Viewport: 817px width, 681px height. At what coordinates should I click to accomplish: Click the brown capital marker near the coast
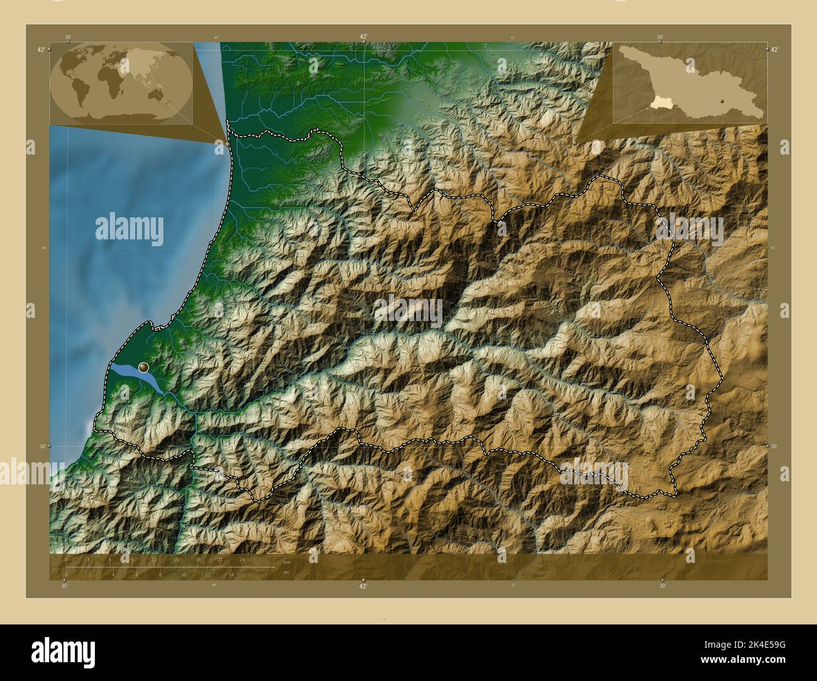[144, 367]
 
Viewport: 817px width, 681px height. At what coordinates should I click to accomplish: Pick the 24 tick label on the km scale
[242, 559]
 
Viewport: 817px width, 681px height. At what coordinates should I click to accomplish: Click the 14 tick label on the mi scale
[231, 574]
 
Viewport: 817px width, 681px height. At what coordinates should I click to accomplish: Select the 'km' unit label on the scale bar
[287, 562]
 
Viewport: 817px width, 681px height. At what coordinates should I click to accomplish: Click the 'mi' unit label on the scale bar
[286, 572]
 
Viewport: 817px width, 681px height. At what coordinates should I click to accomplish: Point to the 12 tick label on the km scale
[154, 559]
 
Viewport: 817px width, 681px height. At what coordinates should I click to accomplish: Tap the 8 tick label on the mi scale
[160, 574]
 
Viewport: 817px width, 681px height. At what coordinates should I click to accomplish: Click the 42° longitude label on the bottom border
[363, 586]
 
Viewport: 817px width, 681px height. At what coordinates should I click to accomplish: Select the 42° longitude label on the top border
[363, 36]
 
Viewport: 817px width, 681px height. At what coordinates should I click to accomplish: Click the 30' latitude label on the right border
[774, 446]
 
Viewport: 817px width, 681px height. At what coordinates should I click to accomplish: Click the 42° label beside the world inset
[41, 50]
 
